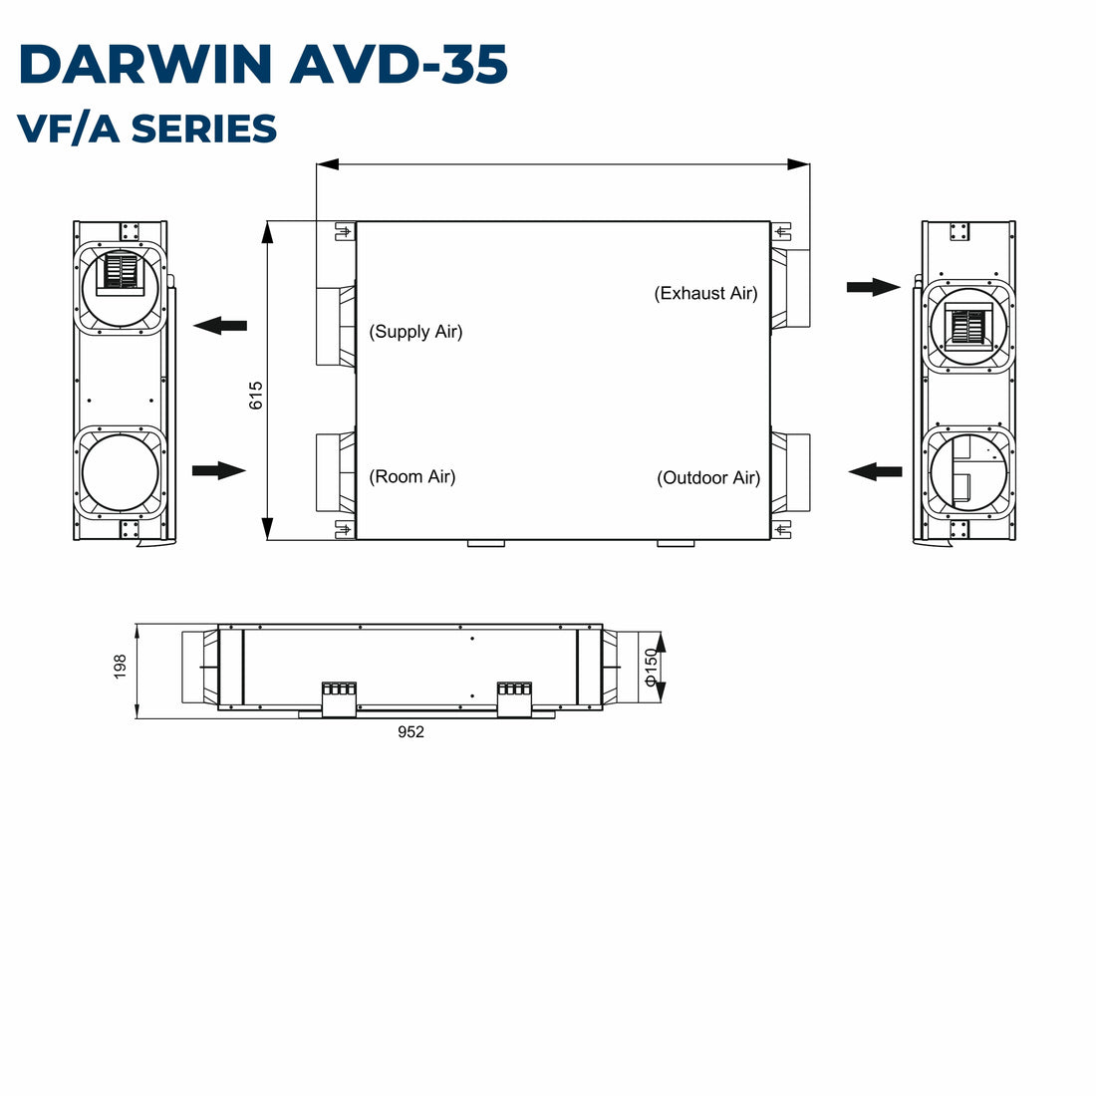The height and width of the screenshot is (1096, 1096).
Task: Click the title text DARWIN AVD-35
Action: click(263, 65)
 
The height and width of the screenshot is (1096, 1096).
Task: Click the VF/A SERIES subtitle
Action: click(147, 130)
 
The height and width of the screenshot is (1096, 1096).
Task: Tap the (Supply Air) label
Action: click(416, 332)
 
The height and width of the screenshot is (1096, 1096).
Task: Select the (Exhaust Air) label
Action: click(705, 293)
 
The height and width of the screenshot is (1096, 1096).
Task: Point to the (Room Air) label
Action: click(412, 476)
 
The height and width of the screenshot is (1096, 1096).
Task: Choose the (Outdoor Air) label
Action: click(708, 478)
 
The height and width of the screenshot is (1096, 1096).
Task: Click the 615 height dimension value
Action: click(256, 396)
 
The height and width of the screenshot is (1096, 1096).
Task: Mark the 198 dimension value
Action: click(121, 667)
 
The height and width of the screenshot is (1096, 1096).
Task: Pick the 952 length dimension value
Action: click(411, 732)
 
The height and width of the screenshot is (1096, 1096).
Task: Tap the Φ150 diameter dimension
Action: click(652, 668)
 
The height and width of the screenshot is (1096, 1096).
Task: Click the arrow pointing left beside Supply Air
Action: click(220, 325)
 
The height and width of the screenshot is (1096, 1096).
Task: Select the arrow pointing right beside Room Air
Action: click(218, 470)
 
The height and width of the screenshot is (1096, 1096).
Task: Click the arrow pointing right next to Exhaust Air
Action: click(873, 287)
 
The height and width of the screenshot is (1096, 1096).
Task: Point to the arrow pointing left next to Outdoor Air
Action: click(876, 470)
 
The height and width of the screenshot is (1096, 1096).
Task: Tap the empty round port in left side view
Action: click(122, 472)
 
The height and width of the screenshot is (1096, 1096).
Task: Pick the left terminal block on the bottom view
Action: click(338, 696)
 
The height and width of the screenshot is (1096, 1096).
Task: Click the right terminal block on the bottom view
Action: click(514, 696)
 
